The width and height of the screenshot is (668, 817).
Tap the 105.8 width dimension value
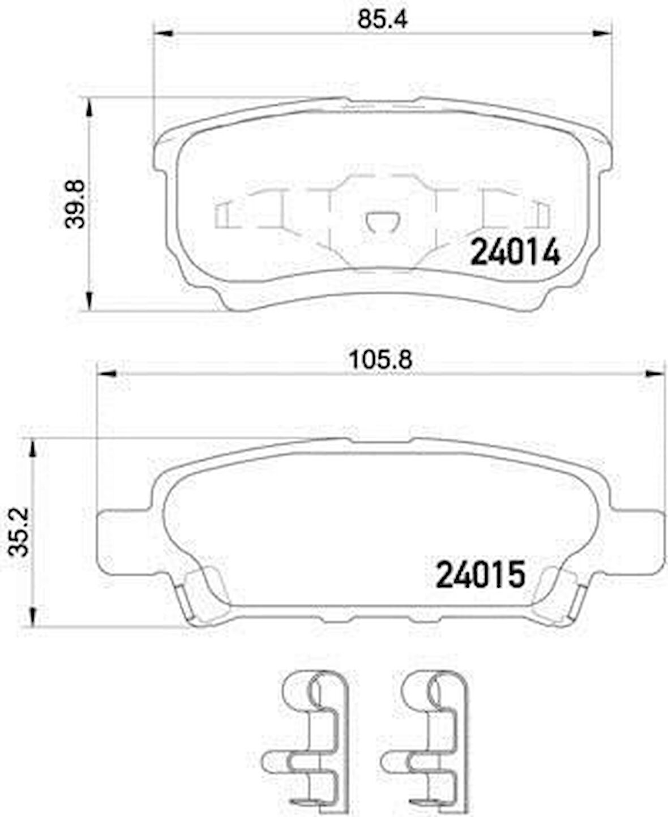coord(383,361)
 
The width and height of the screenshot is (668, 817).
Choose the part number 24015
coord(480,576)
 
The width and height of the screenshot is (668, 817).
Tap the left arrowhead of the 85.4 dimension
coord(161,35)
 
